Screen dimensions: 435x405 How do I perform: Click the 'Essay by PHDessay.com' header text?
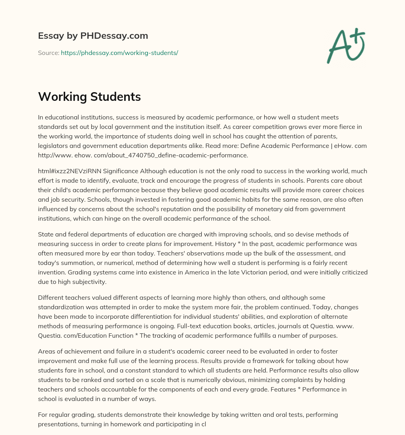tap(93, 36)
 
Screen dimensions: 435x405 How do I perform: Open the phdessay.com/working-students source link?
tap(119, 53)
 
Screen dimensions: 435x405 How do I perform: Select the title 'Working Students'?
tap(89, 96)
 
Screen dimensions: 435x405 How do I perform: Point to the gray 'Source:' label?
tap(49, 53)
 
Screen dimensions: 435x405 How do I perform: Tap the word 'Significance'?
tap(119, 171)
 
